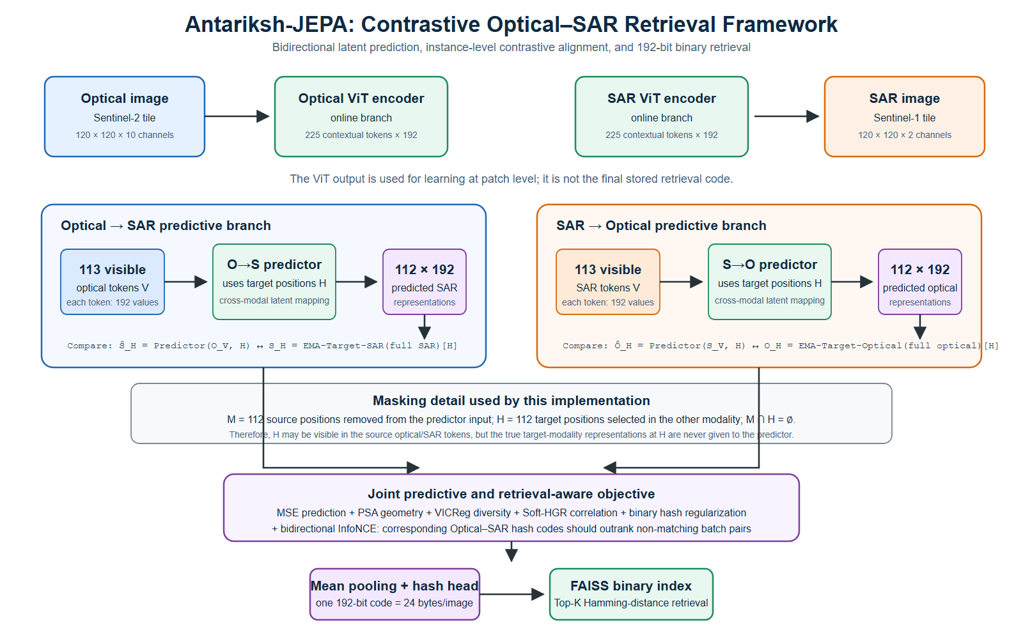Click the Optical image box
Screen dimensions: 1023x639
coord(125,116)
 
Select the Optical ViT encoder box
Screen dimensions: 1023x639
coord(361,116)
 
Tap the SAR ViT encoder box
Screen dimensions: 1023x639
coord(661,116)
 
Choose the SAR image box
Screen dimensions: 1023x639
coord(904,116)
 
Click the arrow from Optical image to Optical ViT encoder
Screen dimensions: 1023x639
coord(237,116)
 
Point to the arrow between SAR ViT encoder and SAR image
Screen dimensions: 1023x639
coord(786,116)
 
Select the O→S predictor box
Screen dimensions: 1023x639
coord(274,282)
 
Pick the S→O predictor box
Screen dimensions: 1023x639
coord(770,282)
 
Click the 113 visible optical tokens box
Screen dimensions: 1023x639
coord(113,282)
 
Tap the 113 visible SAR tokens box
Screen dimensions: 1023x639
coord(608,282)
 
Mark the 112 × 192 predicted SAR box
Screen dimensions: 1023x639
coord(425,282)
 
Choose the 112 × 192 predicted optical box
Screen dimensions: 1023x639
coord(920,282)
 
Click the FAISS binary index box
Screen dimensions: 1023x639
coord(631,594)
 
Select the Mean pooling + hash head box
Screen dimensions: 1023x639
coord(394,594)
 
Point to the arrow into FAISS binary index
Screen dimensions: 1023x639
coord(512,594)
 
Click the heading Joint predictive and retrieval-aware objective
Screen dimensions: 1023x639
coord(511,494)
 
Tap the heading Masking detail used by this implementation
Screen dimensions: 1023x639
coord(511,401)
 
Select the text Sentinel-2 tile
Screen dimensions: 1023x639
coord(125,118)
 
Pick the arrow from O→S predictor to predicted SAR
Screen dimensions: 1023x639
coord(357,282)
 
